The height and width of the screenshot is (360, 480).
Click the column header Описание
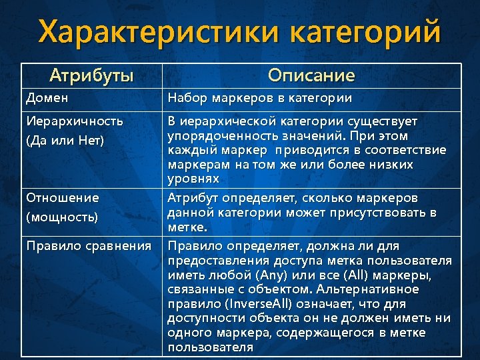pos(312,75)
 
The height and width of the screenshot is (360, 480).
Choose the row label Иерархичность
pos(75,121)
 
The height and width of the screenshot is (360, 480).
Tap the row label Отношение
pos(63,198)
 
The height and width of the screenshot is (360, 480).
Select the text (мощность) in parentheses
pos(62,217)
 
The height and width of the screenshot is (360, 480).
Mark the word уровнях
pos(193,179)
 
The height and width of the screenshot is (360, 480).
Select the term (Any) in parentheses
pos(281,275)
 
